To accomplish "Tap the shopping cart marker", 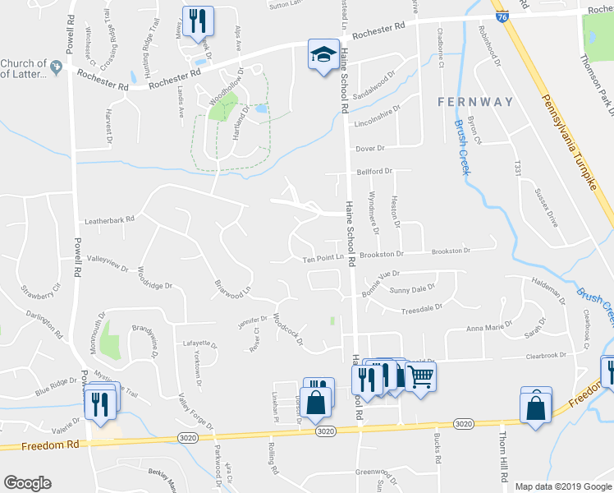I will tap(420, 377).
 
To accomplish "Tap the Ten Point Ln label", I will tap(323, 259).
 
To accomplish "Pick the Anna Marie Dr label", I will tap(488, 329).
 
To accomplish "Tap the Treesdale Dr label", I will tap(422, 309).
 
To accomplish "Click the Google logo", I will tap(27, 483).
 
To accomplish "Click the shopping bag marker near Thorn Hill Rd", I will tap(535, 407).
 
